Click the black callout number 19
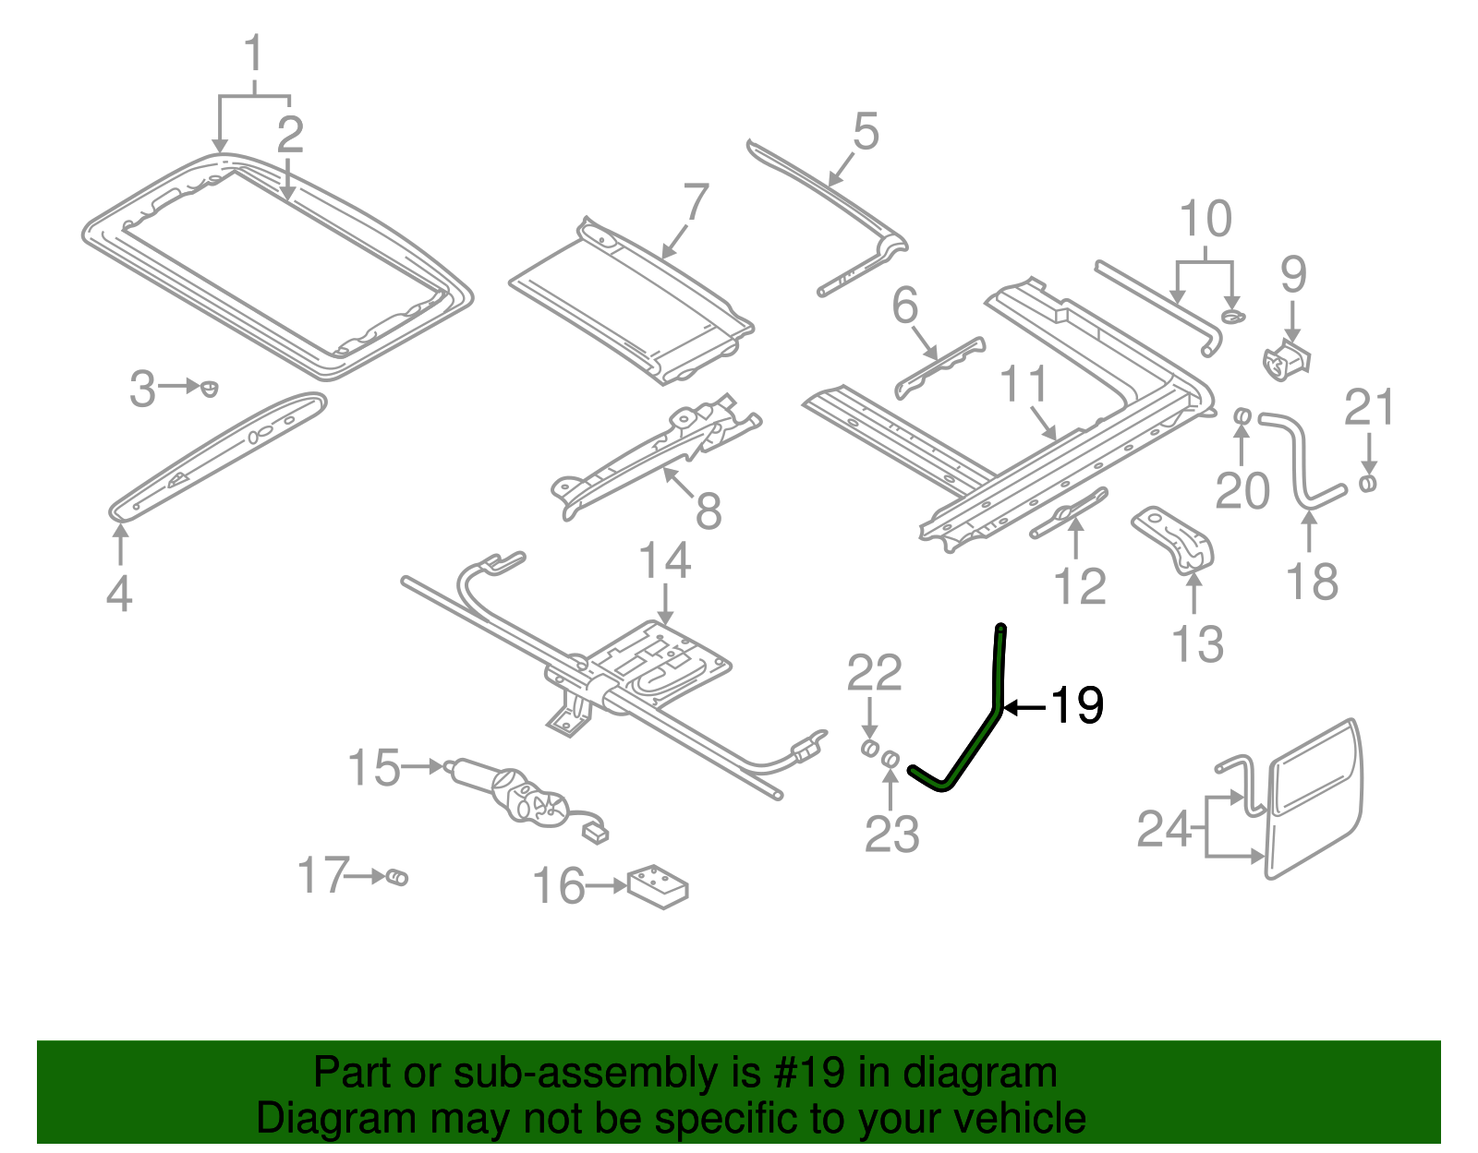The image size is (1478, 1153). [1077, 706]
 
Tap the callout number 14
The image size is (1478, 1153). [664, 561]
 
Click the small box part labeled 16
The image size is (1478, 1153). [659, 886]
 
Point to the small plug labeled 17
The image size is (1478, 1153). [396, 876]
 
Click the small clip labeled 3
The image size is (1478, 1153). [210, 388]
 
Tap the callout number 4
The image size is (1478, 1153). [119, 593]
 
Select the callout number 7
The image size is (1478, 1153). [696, 202]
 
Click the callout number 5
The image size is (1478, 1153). [866, 132]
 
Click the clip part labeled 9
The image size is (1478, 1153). [1288, 360]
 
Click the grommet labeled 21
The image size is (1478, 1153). [1368, 483]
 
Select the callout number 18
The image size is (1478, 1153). [1312, 582]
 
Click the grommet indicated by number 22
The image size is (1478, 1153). [869, 747]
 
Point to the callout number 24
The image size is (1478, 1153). [1164, 828]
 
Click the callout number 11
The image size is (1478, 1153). [1024, 385]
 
